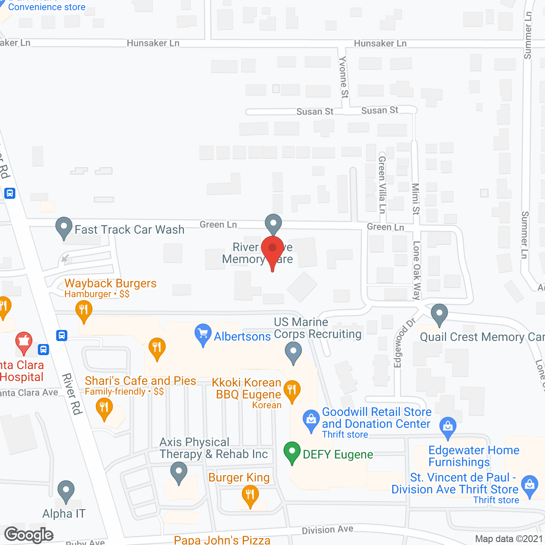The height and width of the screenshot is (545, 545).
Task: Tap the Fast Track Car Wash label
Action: point(129,230)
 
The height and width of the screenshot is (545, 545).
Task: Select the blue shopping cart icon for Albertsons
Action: point(203,334)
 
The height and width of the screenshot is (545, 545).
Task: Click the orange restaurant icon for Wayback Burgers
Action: point(84,310)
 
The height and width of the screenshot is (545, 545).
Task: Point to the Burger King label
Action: point(239,478)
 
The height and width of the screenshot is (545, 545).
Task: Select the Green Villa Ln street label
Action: point(382,184)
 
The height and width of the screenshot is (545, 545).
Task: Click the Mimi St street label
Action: point(416,198)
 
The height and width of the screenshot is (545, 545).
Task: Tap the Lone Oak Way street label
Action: point(416,270)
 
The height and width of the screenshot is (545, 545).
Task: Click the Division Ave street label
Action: point(327,530)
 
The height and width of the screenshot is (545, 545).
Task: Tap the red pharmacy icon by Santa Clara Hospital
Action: point(24,342)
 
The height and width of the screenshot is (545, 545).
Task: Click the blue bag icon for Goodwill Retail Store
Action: point(311,420)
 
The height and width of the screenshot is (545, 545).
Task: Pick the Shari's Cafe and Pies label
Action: point(141,381)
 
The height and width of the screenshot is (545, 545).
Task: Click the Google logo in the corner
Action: point(29,535)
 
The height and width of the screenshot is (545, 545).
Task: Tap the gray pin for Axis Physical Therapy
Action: point(179,473)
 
